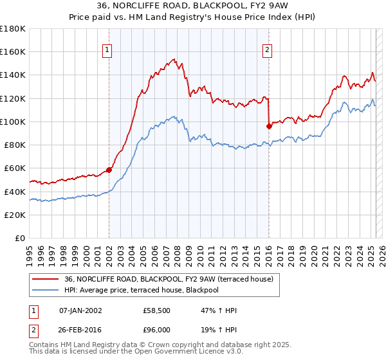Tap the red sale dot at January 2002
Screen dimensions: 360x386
click(109, 170)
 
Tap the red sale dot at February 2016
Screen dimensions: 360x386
click(269, 126)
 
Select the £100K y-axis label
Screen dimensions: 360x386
click(13, 122)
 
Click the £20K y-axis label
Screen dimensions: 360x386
click(15, 215)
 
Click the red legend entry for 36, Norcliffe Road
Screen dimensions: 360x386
click(169, 279)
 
